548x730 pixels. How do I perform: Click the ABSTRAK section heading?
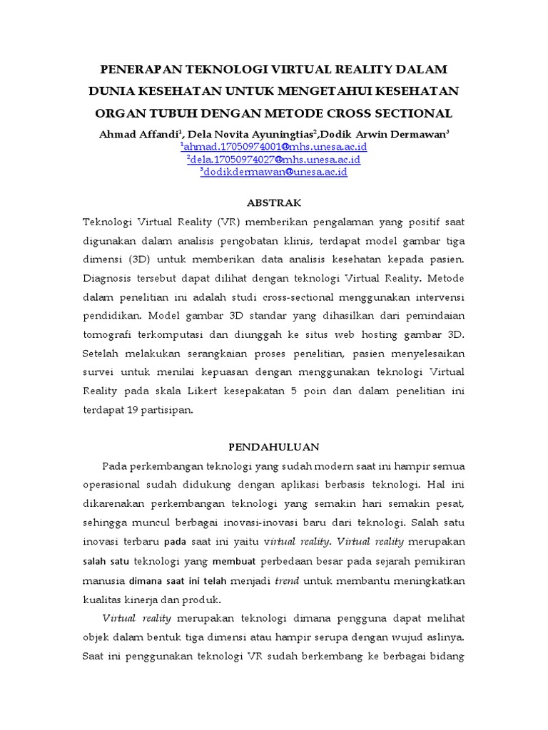pyautogui.click(x=274, y=203)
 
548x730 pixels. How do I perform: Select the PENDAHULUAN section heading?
pyautogui.click(x=274, y=447)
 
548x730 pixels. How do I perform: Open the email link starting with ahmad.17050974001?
pyautogui.click(x=274, y=147)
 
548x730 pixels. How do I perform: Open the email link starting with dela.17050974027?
pyautogui.click(x=274, y=160)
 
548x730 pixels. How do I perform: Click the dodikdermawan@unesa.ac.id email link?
pyautogui.click(x=274, y=172)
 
